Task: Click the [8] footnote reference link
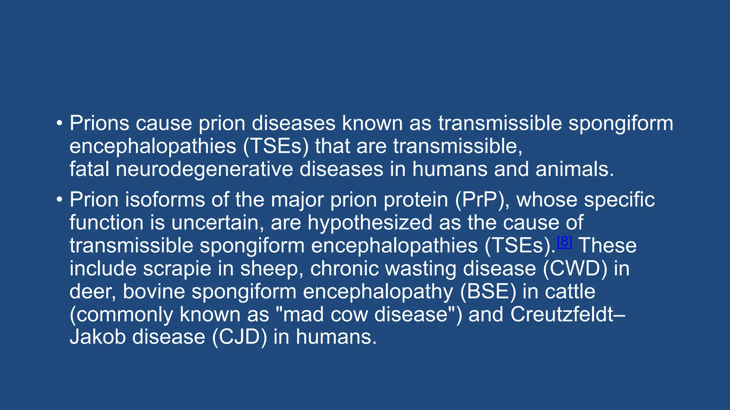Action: pyautogui.click(x=564, y=242)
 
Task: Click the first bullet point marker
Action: pyautogui.click(x=59, y=124)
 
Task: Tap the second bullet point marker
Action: pyautogui.click(x=59, y=200)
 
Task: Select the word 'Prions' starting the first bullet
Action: pyautogui.click(x=99, y=123)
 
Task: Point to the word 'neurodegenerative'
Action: pyautogui.click(x=204, y=169)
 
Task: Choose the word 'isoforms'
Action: pyautogui.click(x=165, y=200)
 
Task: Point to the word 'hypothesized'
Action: pyautogui.click(x=370, y=222)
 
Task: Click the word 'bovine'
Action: pyautogui.click(x=154, y=291)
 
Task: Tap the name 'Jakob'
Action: pyautogui.click(x=98, y=337)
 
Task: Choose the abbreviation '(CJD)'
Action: pyautogui.click(x=239, y=337)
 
